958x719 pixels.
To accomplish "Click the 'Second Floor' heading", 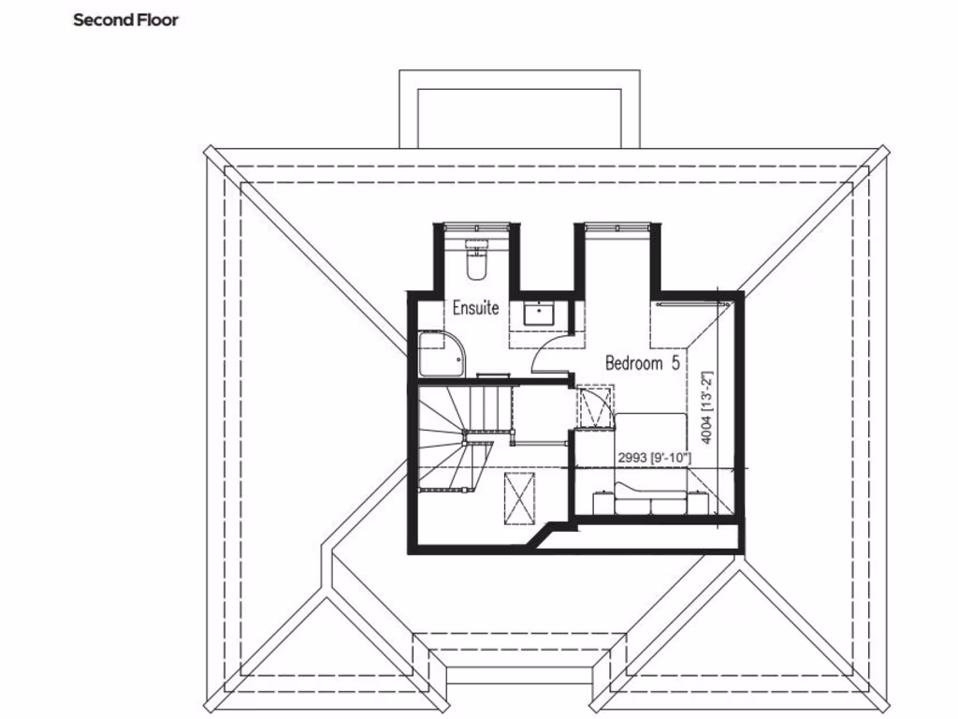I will tap(125, 20).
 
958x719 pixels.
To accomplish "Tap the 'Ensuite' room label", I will tap(475, 307).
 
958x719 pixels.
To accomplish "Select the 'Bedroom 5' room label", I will tap(642, 363).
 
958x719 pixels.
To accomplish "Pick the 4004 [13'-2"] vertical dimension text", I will tap(708, 407).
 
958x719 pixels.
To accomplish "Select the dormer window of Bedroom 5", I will tap(616, 225).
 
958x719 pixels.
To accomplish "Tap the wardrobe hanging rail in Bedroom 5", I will tap(691, 303).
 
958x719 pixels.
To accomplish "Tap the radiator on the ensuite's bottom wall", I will tap(492, 375).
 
